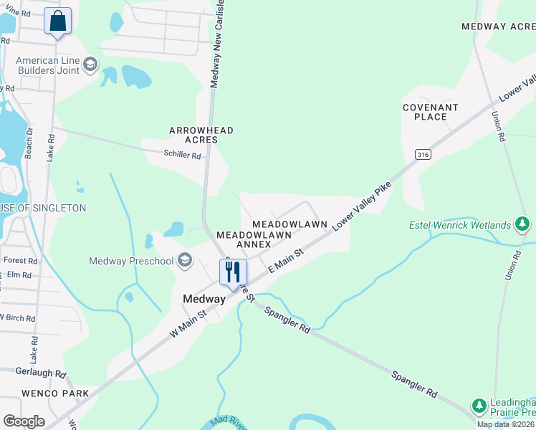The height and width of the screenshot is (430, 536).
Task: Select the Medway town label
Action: [204, 300]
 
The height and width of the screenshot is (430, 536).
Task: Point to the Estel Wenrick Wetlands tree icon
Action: [523, 225]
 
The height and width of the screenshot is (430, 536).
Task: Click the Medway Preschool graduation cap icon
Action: [186, 260]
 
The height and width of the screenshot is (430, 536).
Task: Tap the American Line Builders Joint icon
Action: [90, 65]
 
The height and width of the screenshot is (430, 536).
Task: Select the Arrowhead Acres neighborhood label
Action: [201, 135]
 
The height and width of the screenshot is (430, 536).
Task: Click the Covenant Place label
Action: [430, 112]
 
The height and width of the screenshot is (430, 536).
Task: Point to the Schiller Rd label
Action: [182, 154]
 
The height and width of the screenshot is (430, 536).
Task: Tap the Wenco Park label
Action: [45, 393]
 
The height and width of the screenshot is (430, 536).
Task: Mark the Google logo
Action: [24, 421]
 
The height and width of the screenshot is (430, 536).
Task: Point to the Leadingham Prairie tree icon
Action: [479, 406]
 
